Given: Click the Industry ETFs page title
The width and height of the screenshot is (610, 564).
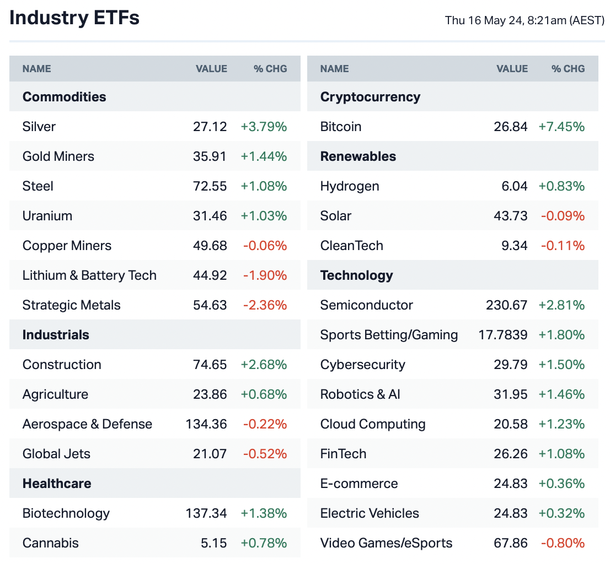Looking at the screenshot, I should (x=74, y=18).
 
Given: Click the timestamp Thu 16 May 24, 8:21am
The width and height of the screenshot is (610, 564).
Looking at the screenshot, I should (x=525, y=21).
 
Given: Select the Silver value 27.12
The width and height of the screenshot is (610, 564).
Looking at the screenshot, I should (x=210, y=127).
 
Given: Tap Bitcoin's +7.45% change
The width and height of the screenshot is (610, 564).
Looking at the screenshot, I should (x=561, y=127).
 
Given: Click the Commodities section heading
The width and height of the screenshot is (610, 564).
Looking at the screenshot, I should (x=64, y=97).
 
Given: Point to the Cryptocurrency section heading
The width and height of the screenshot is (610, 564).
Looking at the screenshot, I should (x=370, y=97).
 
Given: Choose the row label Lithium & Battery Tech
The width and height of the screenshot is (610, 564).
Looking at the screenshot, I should (x=89, y=275).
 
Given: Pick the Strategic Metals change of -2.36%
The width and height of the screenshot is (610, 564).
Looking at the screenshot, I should (x=265, y=305).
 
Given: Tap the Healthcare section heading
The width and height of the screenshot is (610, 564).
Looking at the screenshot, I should (x=57, y=484).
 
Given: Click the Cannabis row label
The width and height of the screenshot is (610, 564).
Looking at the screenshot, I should (x=50, y=543).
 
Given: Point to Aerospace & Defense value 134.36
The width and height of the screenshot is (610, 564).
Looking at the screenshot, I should (x=206, y=424).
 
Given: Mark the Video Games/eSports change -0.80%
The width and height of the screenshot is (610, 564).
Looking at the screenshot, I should (x=563, y=543).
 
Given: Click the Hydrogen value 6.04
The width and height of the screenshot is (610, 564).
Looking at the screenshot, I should (x=513, y=186).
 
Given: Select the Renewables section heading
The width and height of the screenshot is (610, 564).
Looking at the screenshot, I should (x=358, y=156).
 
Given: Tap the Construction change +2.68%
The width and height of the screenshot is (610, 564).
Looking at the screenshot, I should (x=264, y=365).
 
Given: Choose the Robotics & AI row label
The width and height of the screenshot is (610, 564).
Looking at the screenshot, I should (x=360, y=394).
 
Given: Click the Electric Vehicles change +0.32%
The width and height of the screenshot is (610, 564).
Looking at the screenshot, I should (x=561, y=513).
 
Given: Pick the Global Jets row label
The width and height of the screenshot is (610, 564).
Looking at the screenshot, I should (x=56, y=454).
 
